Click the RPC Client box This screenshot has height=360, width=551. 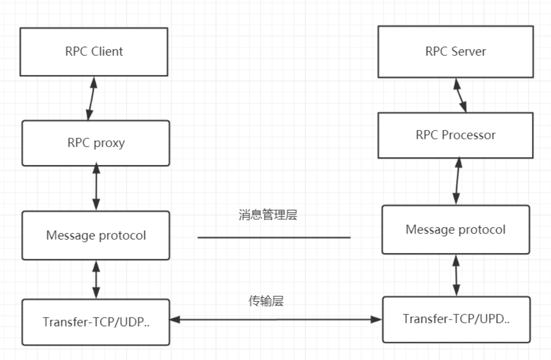pos(94,51)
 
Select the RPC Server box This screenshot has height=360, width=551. pos(456,51)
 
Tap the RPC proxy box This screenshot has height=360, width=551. pos(96,143)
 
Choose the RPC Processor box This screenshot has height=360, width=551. pos(456,135)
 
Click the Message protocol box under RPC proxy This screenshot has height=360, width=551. pos(96,235)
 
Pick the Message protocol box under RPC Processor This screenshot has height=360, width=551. pos(456,229)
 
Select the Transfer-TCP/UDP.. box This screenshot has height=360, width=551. pos(96,322)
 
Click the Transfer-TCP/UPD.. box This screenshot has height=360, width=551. pos(456,319)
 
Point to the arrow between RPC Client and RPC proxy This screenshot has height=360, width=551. pos(92,98)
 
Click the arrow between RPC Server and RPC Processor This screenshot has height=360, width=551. pos(460,95)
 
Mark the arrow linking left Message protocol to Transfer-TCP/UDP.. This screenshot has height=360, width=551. pos(96,279)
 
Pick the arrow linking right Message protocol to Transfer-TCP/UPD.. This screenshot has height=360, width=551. pos(456,275)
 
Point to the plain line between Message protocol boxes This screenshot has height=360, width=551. pos(274,238)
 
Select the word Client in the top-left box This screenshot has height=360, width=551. pos(106,51)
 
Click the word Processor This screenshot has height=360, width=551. pos(468,135)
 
